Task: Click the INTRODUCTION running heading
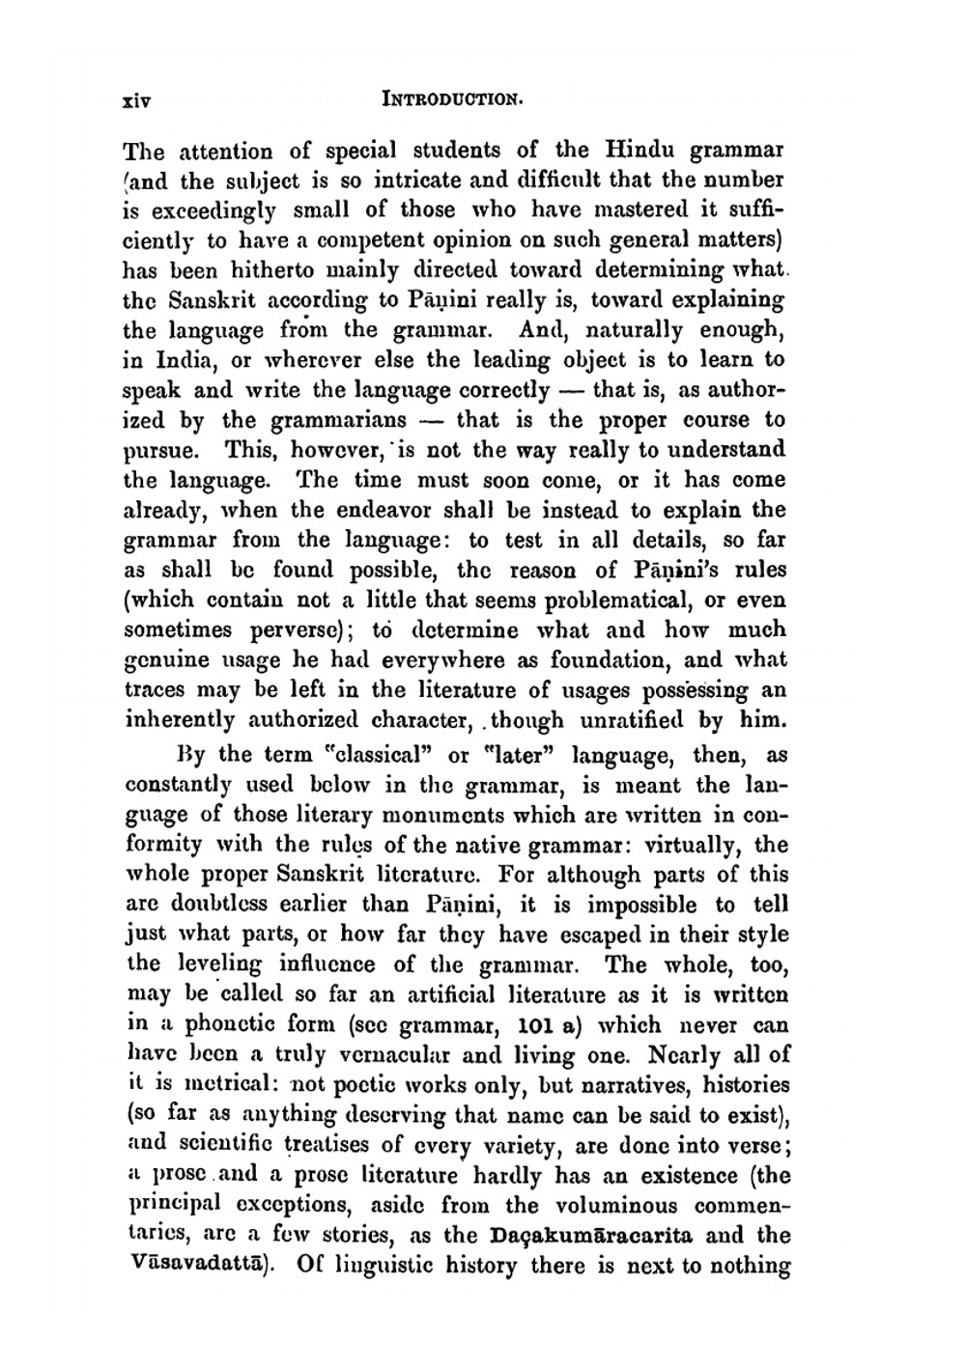tap(453, 98)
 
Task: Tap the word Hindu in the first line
tap(644, 151)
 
